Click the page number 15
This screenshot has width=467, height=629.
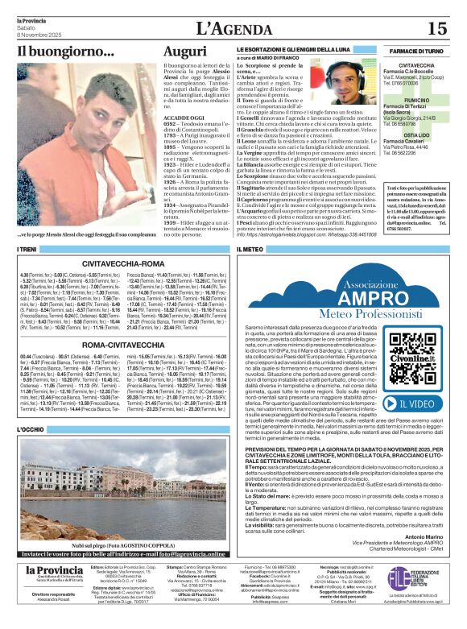(x=436, y=28)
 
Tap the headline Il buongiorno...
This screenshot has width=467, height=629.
(x=66, y=54)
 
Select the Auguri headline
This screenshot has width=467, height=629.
(x=184, y=52)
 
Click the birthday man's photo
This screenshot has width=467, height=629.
(x=87, y=145)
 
